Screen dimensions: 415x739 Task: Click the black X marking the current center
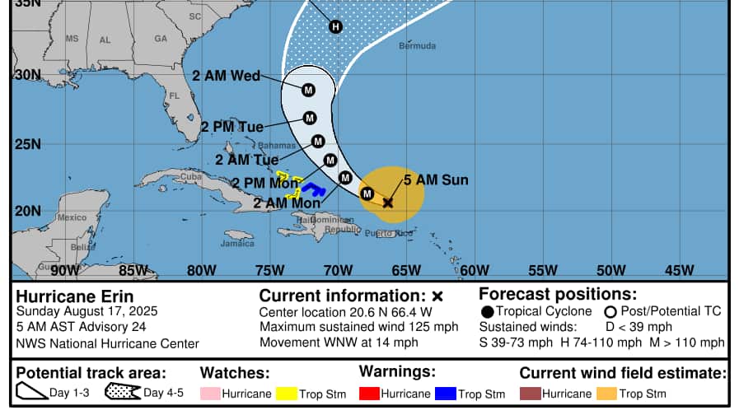(388, 202)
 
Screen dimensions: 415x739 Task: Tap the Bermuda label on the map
(417, 46)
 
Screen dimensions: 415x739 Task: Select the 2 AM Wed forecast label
(226, 76)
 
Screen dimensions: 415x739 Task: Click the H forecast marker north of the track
(335, 27)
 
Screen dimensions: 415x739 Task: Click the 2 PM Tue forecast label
(232, 127)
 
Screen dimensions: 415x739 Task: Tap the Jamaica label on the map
(237, 244)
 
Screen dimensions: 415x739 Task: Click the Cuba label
(191, 176)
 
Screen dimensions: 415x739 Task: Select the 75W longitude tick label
(269, 270)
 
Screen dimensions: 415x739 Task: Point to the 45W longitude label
(679, 270)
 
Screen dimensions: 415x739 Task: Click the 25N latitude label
(28, 144)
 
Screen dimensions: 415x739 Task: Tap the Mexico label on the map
(72, 217)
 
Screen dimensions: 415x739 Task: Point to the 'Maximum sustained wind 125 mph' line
(358, 328)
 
